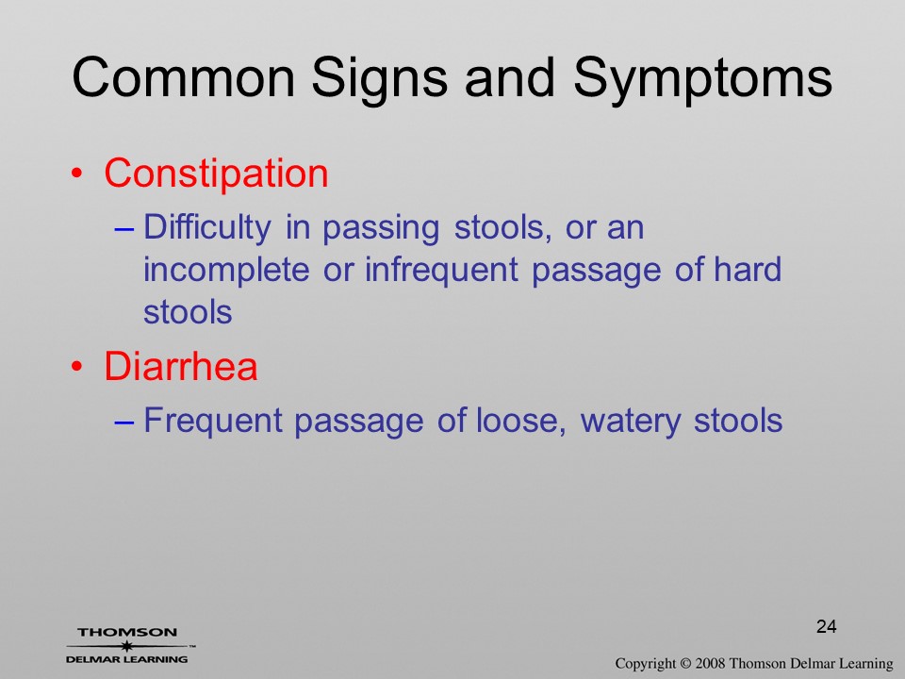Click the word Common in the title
tap(183, 77)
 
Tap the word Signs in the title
tap(379, 81)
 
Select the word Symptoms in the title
tap(702, 81)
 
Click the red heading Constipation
tap(216, 174)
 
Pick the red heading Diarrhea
tap(181, 366)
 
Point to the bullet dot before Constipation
tap(76, 174)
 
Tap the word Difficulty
tap(206, 228)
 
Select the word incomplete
tap(226, 271)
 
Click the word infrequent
tap(441, 271)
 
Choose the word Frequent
tap(212, 421)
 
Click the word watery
tap(631, 422)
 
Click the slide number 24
tap(827, 626)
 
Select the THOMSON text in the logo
tap(127, 632)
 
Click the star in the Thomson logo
tap(126, 646)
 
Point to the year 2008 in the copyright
tap(710, 663)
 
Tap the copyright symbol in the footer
tap(685, 663)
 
